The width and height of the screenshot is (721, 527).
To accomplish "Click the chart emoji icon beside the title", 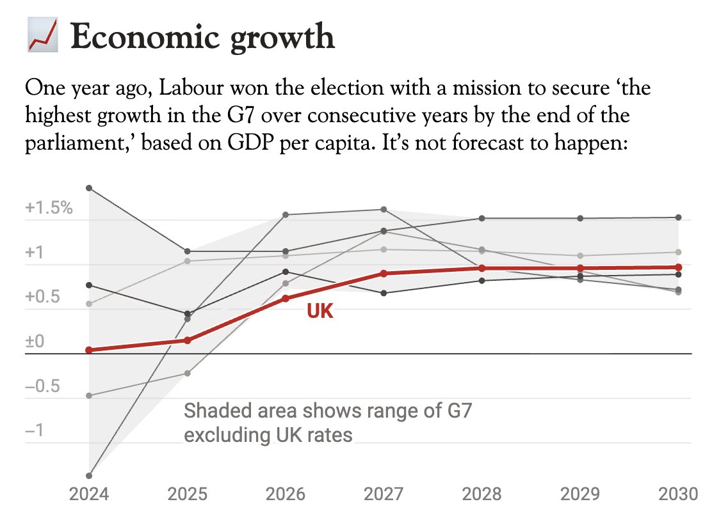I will pyautogui.click(x=43, y=36).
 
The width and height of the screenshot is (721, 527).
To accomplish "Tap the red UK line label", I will pyautogui.click(x=320, y=311).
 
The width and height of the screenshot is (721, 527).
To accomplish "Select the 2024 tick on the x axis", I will pyautogui.click(x=89, y=494).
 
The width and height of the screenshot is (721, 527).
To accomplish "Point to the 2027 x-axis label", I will pyautogui.click(x=384, y=494).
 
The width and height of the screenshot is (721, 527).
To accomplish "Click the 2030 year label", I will pyautogui.click(x=678, y=494).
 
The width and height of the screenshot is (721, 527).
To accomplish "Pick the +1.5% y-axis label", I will pyautogui.click(x=49, y=208).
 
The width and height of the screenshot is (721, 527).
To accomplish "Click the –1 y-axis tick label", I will pyautogui.click(x=33, y=431).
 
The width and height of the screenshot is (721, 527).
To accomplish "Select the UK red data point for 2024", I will pyautogui.click(x=89, y=350).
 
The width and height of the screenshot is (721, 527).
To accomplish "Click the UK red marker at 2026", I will pyautogui.click(x=286, y=298).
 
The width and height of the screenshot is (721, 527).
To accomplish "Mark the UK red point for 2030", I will pyautogui.click(x=679, y=267).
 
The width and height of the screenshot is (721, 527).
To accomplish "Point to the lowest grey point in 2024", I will pyautogui.click(x=89, y=475).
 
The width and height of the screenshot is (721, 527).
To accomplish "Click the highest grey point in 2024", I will pyautogui.click(x=89, y=188).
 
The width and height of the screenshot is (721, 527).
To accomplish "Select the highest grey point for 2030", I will pyautogui.click(x=679, y=217).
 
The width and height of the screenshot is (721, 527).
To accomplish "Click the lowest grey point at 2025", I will pyautogui.click(x=188, y=373).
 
